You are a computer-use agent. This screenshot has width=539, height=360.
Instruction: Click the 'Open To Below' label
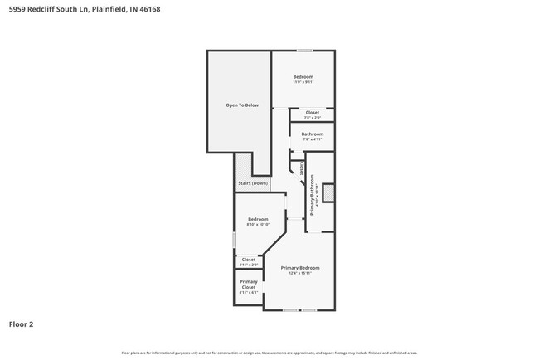click(242, 105)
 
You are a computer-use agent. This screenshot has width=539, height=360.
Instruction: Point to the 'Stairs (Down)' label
click(253, 183)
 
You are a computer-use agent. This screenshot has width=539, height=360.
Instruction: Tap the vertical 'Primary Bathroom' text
click(312, 196)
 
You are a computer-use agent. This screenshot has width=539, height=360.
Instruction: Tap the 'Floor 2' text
click(21, 324)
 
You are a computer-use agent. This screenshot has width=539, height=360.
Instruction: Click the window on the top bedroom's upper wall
click(304, 51)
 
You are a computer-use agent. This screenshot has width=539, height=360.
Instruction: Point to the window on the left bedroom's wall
click(235, 239)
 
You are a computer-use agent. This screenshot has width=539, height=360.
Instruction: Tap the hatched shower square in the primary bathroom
click(328, 192)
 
